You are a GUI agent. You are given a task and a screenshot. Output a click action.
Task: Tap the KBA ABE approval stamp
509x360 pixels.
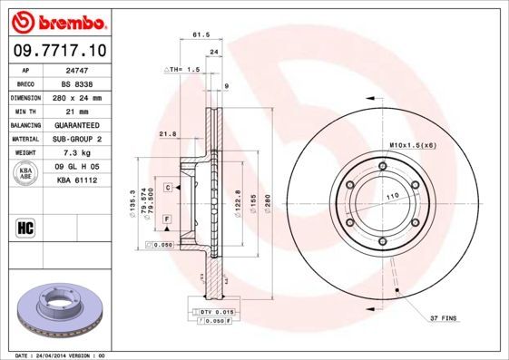pyautogui.click(x=27, y=173)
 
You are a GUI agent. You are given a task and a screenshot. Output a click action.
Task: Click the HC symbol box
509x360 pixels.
pyautogui.click(x=27, y=226)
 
